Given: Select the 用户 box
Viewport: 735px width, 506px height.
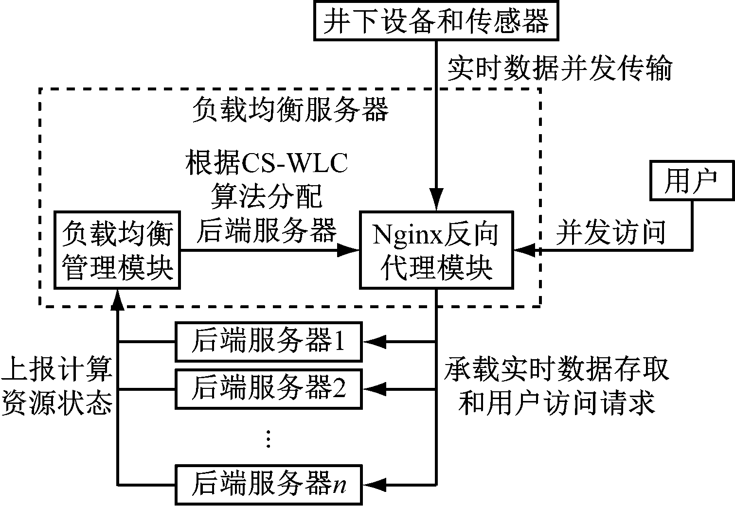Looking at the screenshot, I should [692, 181].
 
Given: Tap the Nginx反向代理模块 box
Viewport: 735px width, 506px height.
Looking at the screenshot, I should [436, 250].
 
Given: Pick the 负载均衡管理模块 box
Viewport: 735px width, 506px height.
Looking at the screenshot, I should [117, 250].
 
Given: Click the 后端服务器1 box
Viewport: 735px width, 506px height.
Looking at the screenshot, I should [268, 342].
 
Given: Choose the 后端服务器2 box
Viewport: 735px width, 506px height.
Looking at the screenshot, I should [268, 389].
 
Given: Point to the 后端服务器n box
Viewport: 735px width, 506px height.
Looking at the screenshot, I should [268, 485].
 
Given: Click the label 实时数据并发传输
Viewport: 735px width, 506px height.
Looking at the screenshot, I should [559, 69].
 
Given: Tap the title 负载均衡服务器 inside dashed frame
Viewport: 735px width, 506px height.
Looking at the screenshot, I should [290, 110].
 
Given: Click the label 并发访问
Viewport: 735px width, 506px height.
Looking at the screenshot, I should [610, 232].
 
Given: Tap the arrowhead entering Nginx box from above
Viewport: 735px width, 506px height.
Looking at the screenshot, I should [436, 203].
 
